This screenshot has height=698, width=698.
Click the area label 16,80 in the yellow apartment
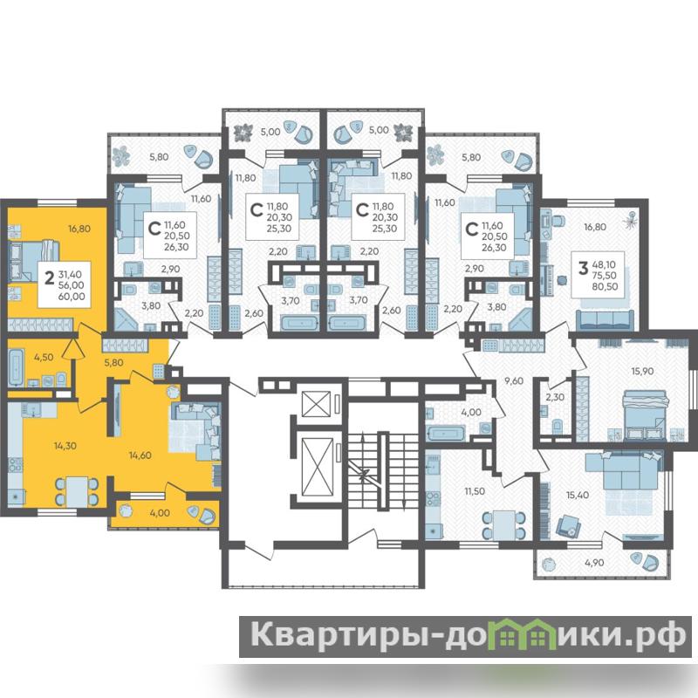point(79,229)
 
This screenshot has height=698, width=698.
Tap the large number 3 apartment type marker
point(583,269)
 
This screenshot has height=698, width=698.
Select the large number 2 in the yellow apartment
point(50,278)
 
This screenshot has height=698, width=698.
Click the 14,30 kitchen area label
point(65,446)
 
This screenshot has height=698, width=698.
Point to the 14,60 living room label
point(140,455)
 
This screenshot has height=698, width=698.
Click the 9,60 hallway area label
point(513,380)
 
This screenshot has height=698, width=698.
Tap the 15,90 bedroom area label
point(642,371)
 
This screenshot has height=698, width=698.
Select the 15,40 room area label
point(578,495)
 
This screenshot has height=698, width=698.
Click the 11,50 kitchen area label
point(475,491)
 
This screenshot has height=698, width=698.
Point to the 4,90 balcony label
point(594,563)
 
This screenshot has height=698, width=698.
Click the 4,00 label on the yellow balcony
point(160,513)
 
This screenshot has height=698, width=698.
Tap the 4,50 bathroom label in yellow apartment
point(44,357)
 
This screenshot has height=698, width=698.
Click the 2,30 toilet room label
point(555,397)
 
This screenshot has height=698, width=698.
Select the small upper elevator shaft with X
point(316,404)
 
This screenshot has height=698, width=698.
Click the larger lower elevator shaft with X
point(317,467)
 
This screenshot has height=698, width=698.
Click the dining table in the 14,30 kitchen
point(77,491)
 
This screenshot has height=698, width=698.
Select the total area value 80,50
point(605,287)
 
